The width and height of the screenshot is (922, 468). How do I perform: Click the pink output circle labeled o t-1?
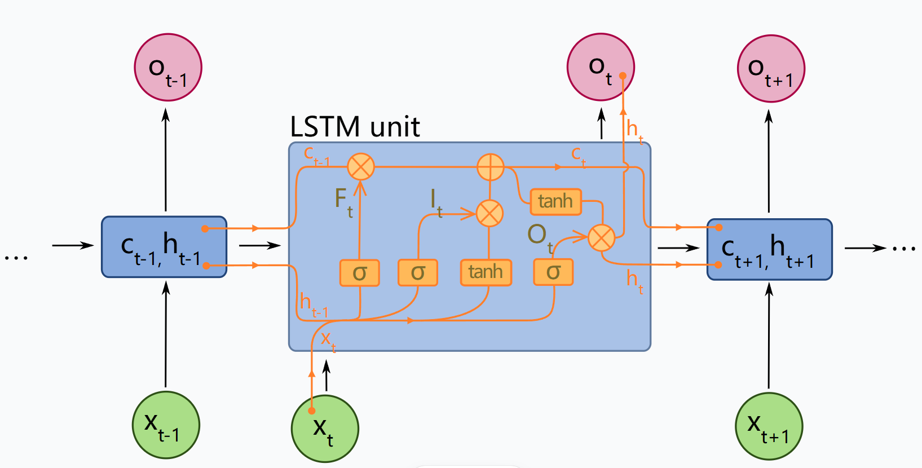(x=168, y=68)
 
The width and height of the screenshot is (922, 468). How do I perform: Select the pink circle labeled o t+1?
(x=770, y=69)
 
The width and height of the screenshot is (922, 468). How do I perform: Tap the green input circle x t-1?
(x=166, y=425)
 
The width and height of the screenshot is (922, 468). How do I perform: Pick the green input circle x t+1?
(x=769, y=426)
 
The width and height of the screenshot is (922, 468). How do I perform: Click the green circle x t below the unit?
(x=325, y=429)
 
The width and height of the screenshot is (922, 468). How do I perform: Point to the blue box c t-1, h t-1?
(x=164, y=247)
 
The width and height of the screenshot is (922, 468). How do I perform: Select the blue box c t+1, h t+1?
(x=769, y=249)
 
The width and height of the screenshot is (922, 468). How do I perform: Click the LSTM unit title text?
(x=355, y=127)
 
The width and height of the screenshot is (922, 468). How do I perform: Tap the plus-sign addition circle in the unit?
(x=490, y=167)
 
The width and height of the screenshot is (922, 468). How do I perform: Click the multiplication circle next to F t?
(x=361, y=167)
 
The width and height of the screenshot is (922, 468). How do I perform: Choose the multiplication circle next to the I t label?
(x=489, y=214)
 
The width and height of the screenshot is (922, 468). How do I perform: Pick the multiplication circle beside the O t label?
(x=601, y=238)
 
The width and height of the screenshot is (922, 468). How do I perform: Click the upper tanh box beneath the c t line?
(x=555, y=201)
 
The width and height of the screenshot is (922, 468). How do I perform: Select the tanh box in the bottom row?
(x=486, y=272)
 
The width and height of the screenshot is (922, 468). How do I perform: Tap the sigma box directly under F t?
(x=359, y=273)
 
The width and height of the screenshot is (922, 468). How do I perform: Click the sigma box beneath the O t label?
(x=553, y=272)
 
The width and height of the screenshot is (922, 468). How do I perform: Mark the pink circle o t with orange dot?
(x=601, y=68)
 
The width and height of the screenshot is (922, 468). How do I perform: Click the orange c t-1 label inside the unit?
(x=316, y=155)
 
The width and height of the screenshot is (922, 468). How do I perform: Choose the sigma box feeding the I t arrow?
(x=417, y=273)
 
